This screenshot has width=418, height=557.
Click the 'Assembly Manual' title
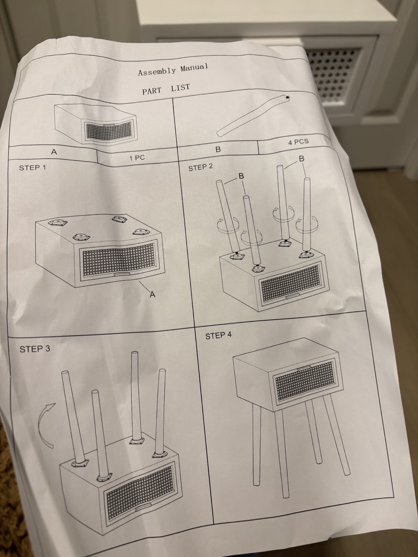point(173,69)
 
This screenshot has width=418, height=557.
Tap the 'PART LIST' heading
point(166,89)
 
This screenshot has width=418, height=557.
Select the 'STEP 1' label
point(33,168)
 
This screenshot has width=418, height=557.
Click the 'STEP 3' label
point(35,349)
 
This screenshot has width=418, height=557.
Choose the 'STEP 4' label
point(219,336)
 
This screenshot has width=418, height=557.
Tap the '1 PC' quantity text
point(137,158)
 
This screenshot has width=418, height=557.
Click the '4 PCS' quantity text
point(298,142)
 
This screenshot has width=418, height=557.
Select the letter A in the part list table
point(54,152)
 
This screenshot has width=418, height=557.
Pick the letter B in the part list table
point(218,150)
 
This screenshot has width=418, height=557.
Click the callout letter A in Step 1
point(152,294)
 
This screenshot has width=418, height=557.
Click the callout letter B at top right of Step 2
point(302,159)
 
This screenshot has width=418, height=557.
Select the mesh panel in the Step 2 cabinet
point(290,282)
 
